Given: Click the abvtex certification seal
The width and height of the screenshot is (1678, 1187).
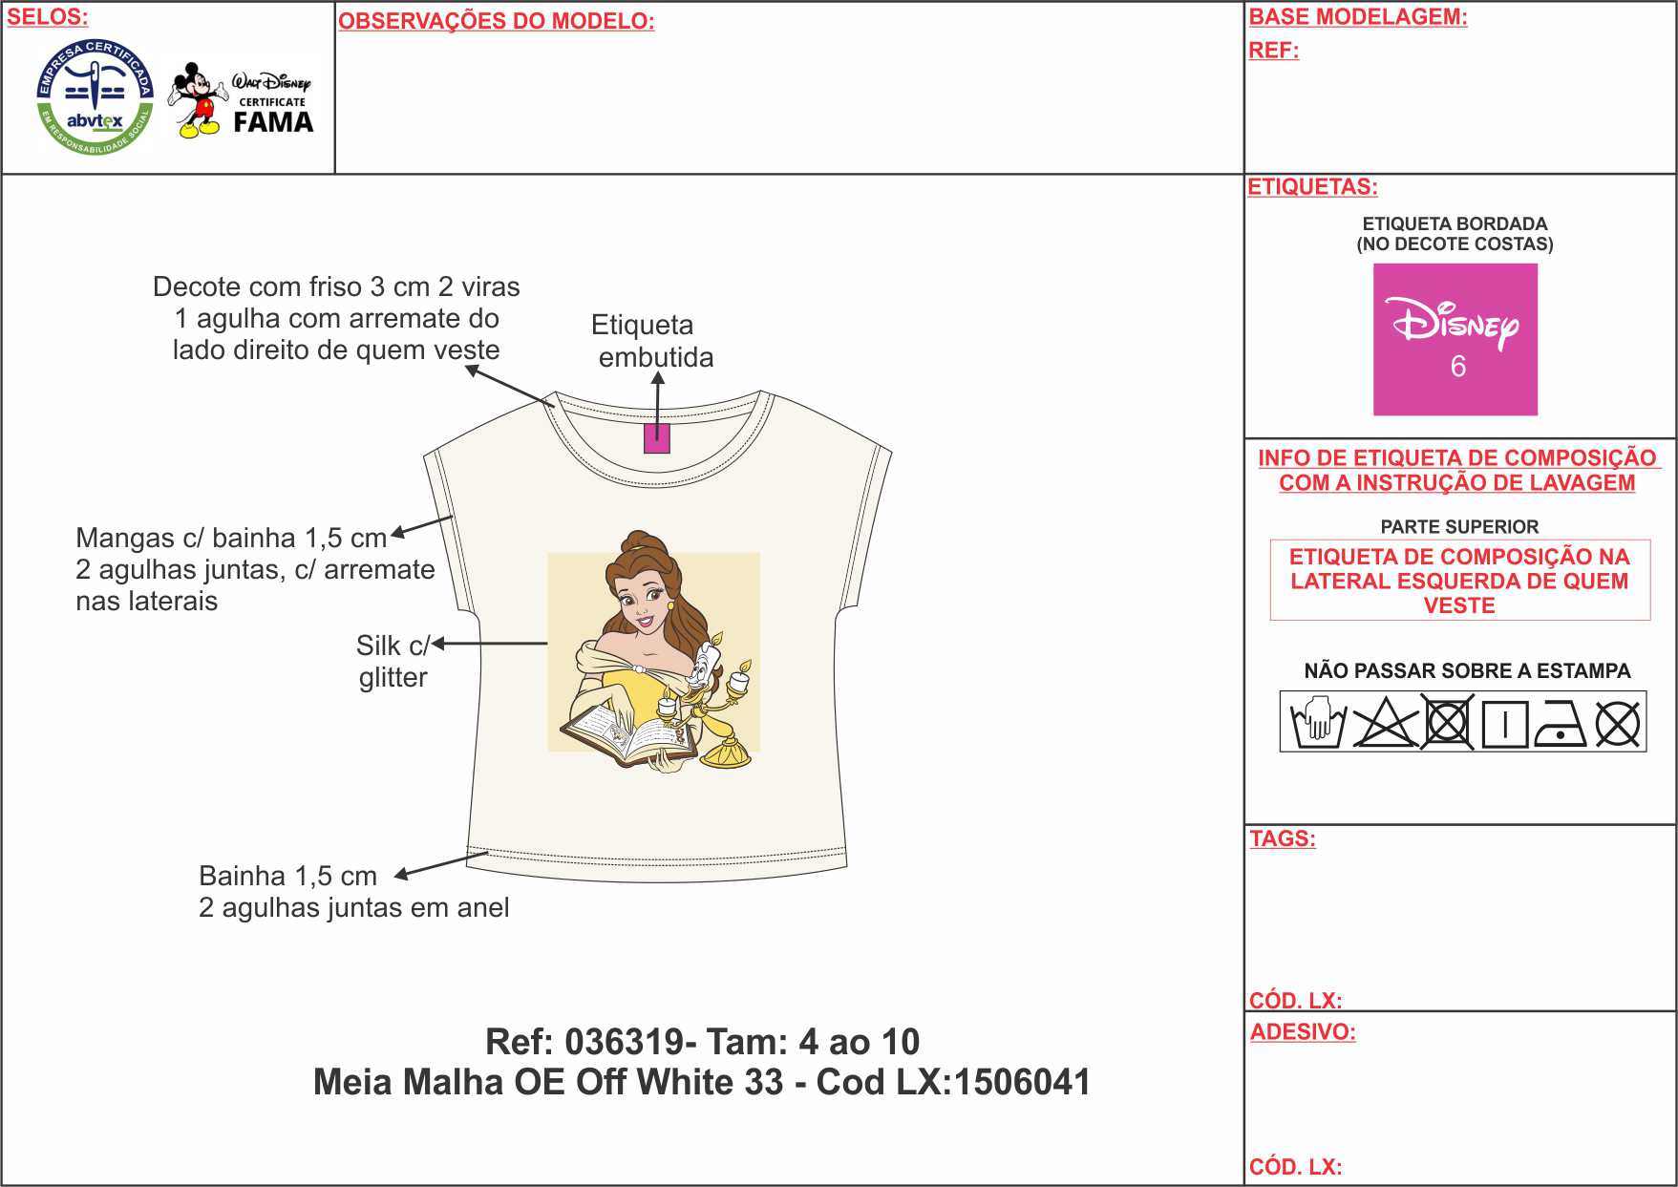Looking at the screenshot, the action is [x=95, y=98].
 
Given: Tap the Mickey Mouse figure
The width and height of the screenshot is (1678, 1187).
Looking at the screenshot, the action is [x=198, y=100].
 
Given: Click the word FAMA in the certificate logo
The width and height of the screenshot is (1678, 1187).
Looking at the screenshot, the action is [x=273, y=122].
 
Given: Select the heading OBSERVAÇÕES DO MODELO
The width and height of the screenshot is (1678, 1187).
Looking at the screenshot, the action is [x=497, y=21].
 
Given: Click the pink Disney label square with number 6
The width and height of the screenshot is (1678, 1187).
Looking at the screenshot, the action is [x=1455, y=339].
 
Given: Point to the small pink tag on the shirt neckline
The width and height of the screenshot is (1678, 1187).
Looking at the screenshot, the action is [x=657, y=439].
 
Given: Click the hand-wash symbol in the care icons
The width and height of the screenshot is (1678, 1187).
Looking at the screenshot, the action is [x=1317, y=724].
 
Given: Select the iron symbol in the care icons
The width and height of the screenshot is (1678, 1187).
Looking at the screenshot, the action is [x=1560, y=725].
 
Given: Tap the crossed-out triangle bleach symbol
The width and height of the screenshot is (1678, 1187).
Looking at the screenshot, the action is [x=1386, y=723].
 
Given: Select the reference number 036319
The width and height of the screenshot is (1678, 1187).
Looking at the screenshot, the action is [x=624, y=1041].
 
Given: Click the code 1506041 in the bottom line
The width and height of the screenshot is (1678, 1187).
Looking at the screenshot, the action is [x=1022, y=1082].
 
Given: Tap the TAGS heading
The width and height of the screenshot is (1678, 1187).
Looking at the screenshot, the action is [x=1283, y=838].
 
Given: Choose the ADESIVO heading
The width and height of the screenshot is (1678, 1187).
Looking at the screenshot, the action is [x=1303, y=1031].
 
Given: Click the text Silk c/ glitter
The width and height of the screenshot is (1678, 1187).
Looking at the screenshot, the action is [x=393, y=661].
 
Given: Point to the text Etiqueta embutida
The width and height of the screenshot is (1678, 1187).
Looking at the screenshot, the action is [x=652, y=341].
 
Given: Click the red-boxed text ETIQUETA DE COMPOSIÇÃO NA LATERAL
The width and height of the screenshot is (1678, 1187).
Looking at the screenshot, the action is [x=1459, y=581].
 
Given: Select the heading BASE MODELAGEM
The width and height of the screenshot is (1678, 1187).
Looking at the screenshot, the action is [x=1358, y=16].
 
